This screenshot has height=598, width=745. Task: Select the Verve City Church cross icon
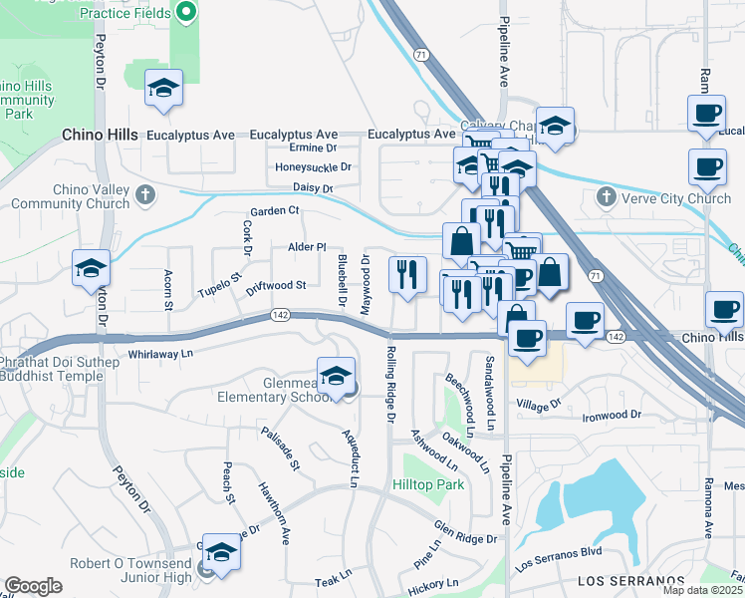(x=606, y=197)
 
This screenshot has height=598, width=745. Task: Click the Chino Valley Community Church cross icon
(x=146, y=192)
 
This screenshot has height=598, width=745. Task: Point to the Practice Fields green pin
(x=186, y=14)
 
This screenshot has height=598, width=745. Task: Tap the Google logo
(x=33, y=586)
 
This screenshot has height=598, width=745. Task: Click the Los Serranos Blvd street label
(x=559, y=558)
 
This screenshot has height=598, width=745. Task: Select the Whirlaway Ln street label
(x=160, y=354)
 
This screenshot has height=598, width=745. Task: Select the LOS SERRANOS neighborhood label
(x=632, y=580)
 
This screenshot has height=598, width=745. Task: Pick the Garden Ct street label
(x=274, y=211)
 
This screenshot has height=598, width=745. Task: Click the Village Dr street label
(x=539, y=404)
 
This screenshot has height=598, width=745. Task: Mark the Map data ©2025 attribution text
(x=704, y=591)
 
